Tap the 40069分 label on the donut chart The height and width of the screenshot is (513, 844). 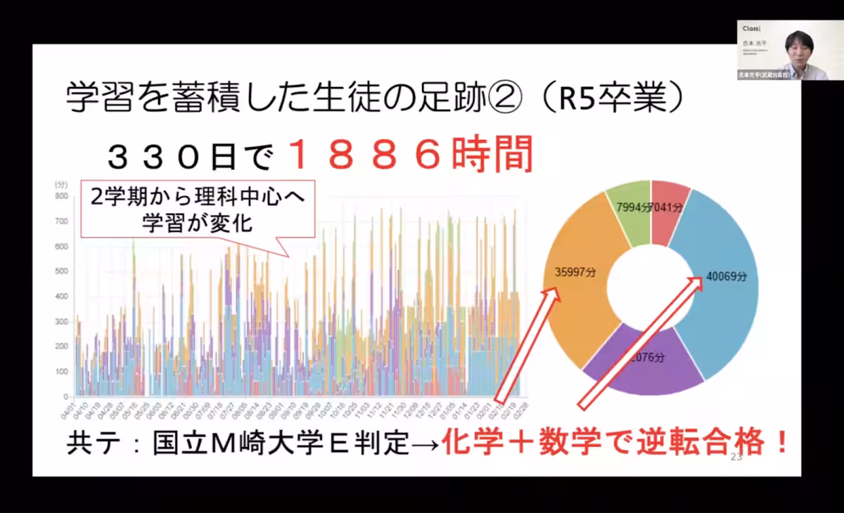727,277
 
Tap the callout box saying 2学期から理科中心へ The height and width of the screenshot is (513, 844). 197,208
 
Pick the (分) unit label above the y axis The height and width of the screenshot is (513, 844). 60,184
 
